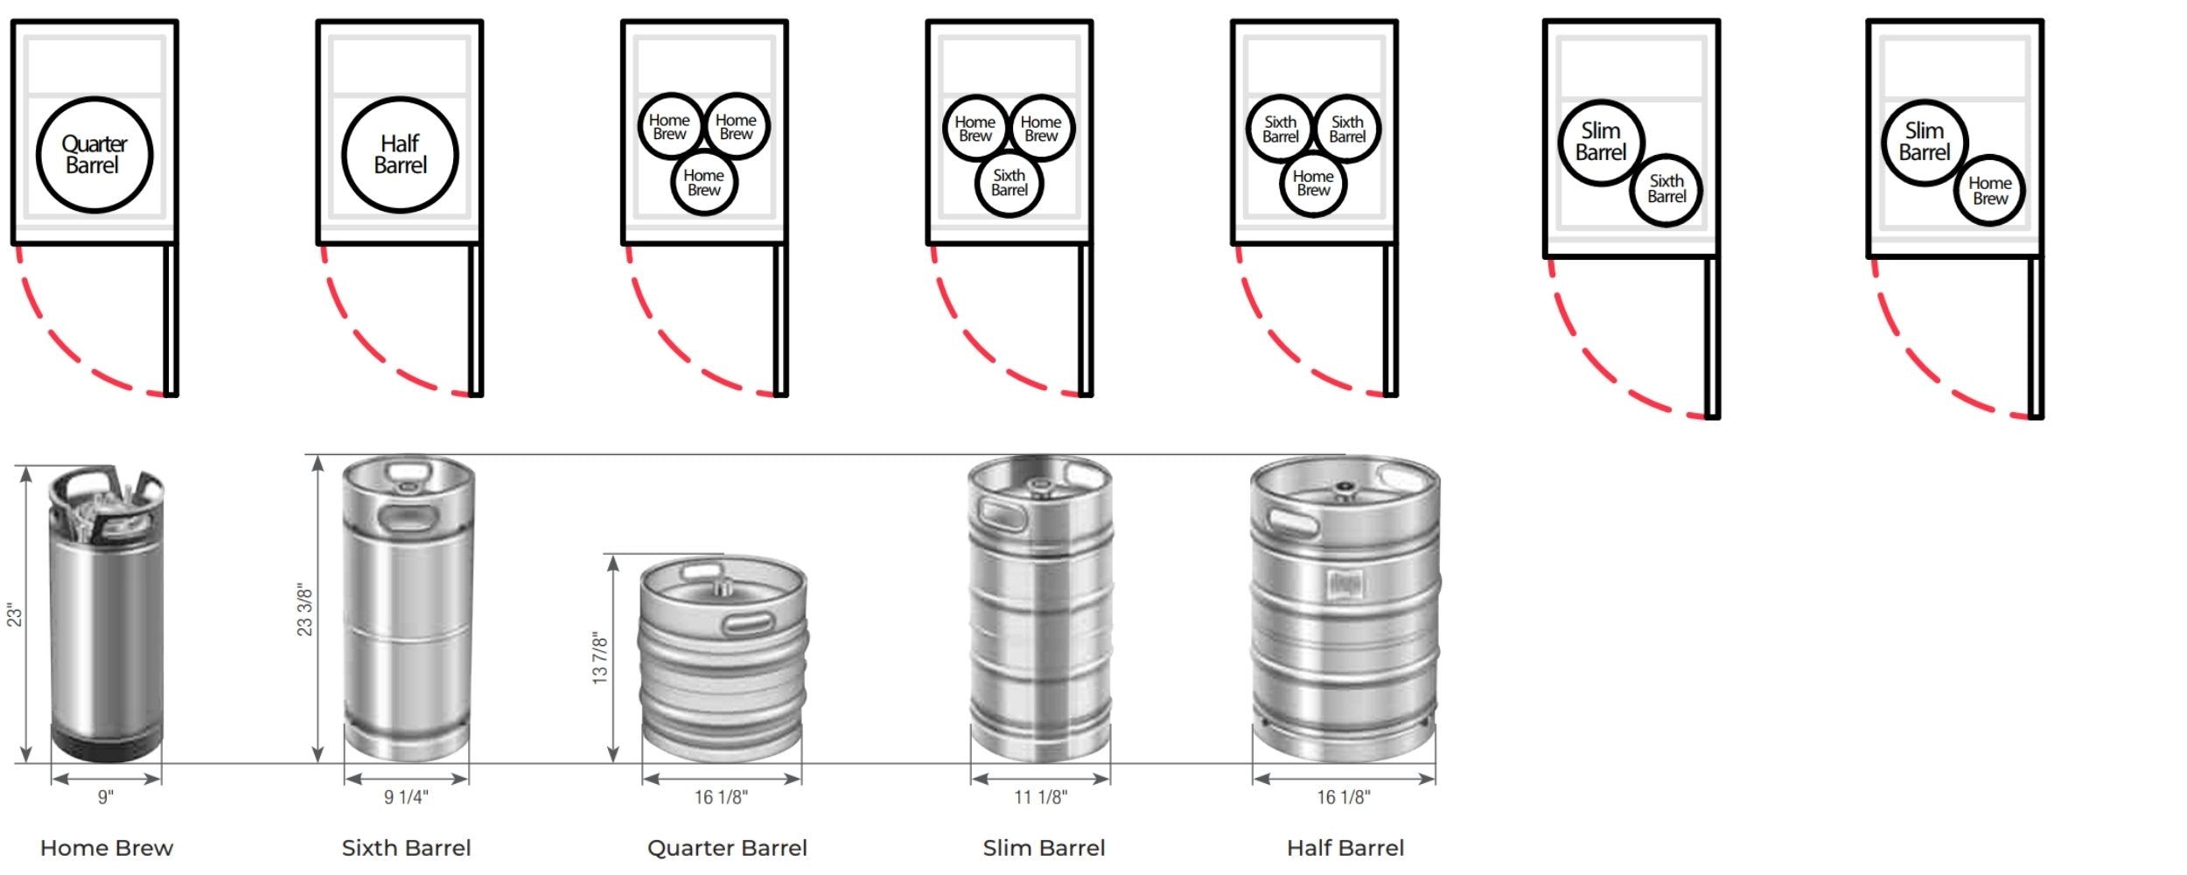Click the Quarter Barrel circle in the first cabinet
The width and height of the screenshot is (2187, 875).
pos(94,155)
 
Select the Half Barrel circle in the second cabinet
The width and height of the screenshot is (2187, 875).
pos(400,155)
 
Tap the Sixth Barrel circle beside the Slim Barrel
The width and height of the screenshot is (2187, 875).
pos(1666,189)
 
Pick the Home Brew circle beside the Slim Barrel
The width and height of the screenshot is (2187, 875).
pos(1989,191)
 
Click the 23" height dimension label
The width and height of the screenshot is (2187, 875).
pos(14,615)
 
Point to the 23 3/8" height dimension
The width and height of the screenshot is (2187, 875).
pos(304,610)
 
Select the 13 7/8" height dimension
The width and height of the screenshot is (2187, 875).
pos(600,657)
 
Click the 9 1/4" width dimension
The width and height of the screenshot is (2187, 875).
pos(406,797)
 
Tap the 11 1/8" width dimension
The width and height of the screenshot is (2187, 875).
pos(1040,797)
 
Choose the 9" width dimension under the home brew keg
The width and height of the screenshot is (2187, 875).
pos(106,797)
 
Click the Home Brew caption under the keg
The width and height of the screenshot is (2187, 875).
pos(107,848)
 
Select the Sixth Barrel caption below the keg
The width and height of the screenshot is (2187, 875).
pos(406,848)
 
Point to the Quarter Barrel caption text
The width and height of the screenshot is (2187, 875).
pos(727,848)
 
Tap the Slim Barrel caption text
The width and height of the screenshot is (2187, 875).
pos(1044,848)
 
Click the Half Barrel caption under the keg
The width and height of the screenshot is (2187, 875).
pos(1345,848)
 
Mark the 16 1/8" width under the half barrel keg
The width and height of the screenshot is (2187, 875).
pos(1344,797)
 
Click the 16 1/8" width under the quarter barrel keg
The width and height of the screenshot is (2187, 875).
pos(721,797)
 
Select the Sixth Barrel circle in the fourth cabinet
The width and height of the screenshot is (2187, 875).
pos(1009,183)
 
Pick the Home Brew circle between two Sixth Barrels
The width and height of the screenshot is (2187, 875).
pos(1313,183)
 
